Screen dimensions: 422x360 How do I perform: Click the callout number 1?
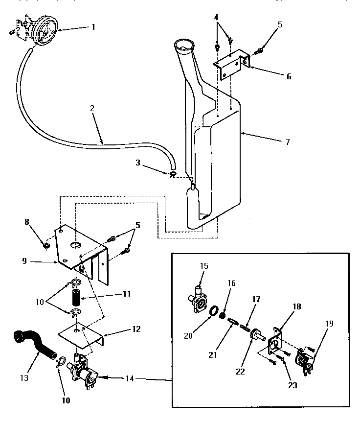(92, 27)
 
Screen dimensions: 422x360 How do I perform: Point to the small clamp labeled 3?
(173, 174)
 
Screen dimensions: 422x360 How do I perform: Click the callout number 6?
(289, 76)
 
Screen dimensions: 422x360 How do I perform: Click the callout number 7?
(287, 142)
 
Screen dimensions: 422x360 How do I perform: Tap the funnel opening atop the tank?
(184, 48)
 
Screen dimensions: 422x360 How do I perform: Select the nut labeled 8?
(45, 245)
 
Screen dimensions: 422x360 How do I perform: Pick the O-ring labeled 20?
(214, 312)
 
